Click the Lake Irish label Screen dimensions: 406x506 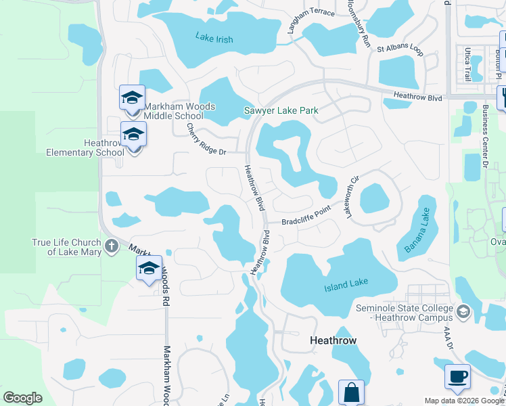[214, 39]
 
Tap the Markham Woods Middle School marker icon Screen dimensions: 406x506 [132, 97]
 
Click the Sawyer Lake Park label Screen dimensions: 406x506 [281, 110]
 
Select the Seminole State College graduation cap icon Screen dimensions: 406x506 [463, 312]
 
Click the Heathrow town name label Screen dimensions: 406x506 [333, 340]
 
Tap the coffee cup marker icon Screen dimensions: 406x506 [457, 376]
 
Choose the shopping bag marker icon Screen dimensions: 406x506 [351, 392]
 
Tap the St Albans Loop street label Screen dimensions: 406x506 [400, 49]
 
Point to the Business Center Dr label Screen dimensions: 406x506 [484, 136]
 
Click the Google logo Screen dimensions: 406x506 [22, 398]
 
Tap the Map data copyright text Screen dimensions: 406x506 [463, 401]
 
